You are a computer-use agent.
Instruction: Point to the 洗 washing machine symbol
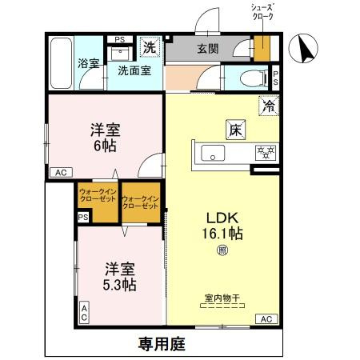click(150, 47)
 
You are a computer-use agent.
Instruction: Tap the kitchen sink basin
click(214, 152)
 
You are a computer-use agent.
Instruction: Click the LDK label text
click(221, 217)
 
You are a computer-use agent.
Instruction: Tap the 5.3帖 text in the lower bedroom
click(118, 286)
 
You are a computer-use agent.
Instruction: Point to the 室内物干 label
click(222, 299)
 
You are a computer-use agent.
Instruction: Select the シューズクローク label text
click(262, 12)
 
